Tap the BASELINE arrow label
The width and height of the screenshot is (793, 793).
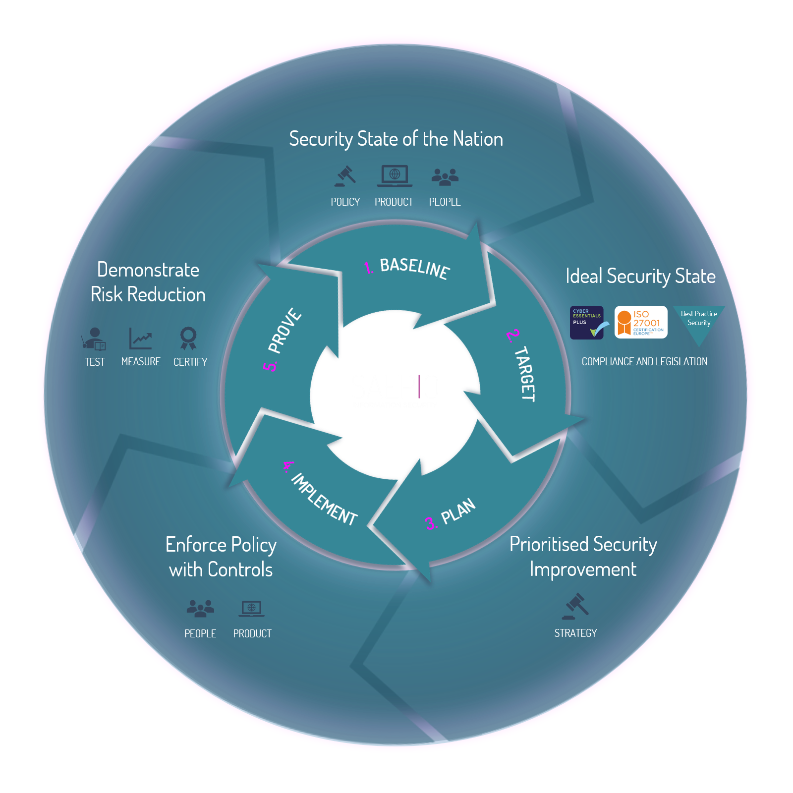(414, 268)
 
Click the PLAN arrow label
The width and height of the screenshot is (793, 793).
(458, 511)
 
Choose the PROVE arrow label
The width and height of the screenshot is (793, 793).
(284, 331)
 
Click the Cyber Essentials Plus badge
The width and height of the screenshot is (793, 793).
(587, 323)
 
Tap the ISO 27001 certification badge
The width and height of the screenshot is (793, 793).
(641, 323)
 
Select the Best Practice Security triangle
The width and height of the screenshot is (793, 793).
(699, 322)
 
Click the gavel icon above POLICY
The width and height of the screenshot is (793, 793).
(345, 176)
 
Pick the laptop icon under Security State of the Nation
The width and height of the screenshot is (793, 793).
(395, 176)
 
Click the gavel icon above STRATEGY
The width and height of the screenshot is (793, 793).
(575, 607)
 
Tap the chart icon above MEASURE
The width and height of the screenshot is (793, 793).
(141, 339)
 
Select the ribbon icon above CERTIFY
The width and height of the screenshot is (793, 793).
(188, 339)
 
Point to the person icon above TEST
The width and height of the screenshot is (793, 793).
(94, 339)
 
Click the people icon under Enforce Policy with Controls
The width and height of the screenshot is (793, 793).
(200, 609)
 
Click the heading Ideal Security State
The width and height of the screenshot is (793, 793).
(640, 276)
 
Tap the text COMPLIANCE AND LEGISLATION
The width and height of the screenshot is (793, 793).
(644, 362)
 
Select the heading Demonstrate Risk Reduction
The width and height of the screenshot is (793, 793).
(148, 282)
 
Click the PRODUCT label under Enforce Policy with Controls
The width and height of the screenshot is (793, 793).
(252, 634)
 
